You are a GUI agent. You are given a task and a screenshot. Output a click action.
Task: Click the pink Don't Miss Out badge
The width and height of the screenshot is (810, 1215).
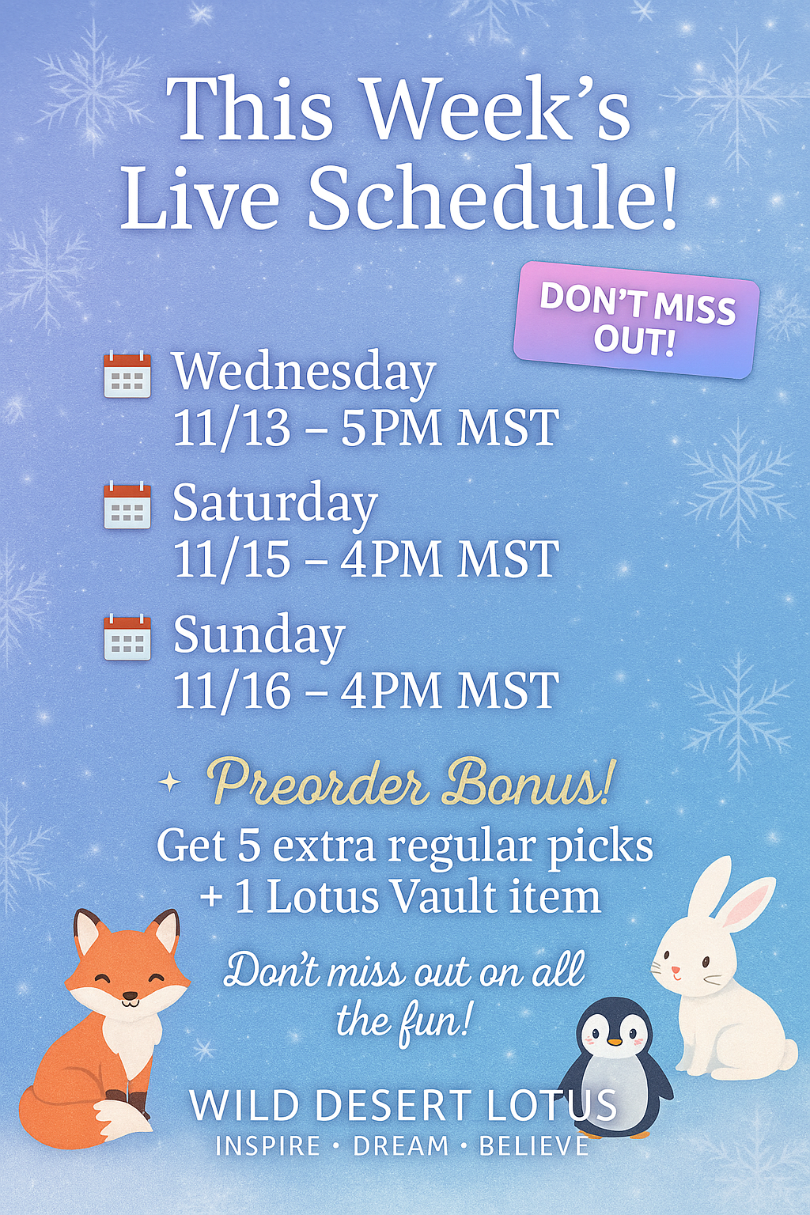click(x=637, y=320)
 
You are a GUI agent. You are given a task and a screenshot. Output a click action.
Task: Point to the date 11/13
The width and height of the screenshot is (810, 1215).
click(x=232, y=428)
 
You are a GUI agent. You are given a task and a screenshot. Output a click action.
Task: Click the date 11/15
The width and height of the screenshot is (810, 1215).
click(x=232, y=558)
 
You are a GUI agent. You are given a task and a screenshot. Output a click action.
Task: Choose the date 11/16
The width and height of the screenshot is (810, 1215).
click(x=232, y=690)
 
